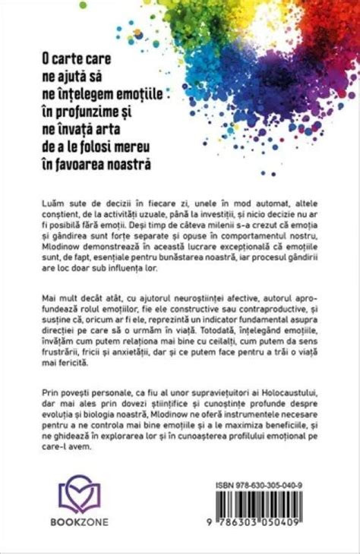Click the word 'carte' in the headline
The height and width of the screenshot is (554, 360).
(84, 58)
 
